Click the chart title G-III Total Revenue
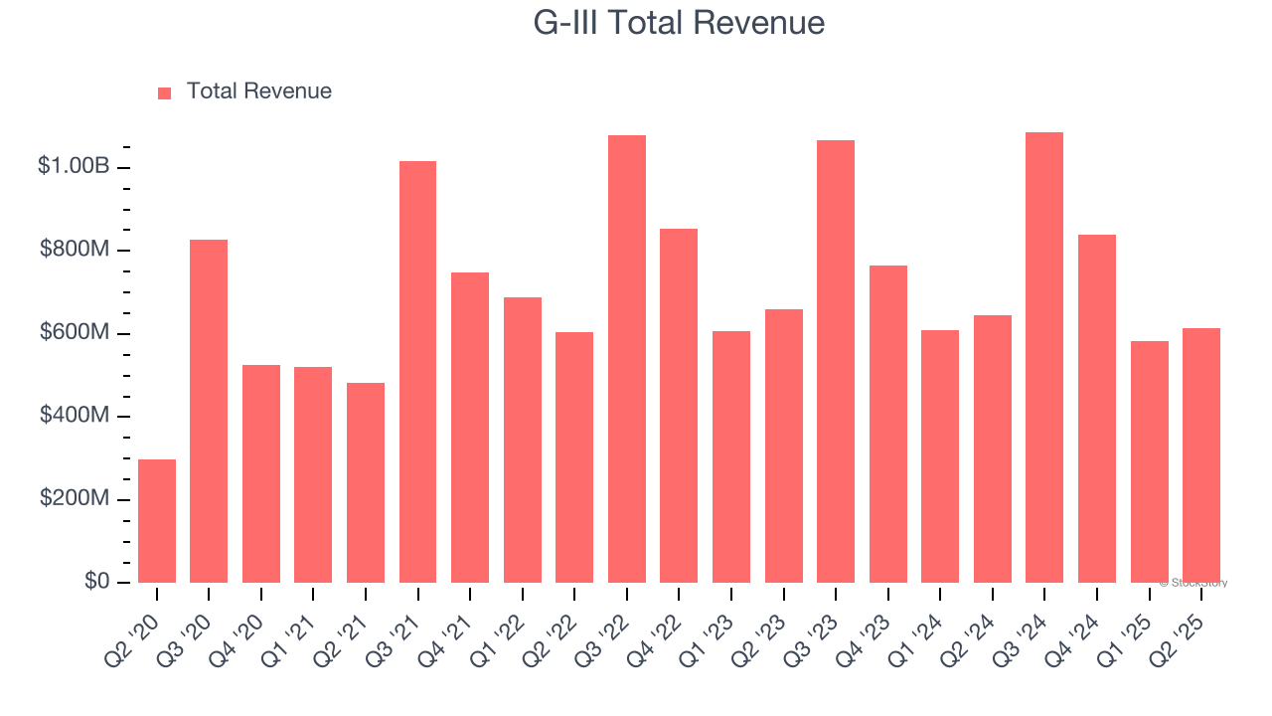679,22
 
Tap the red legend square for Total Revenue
165,92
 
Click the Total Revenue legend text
258,91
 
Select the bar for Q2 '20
157,521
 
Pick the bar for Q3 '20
209,411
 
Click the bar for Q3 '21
417,372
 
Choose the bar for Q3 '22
627,359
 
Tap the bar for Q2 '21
366,482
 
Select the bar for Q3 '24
1044,357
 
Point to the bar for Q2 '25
1201,455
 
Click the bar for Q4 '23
888,424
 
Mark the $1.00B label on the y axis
74,166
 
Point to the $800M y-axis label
75,250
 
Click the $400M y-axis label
75,416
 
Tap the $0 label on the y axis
96,581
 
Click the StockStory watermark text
1193,583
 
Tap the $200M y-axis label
75,498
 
